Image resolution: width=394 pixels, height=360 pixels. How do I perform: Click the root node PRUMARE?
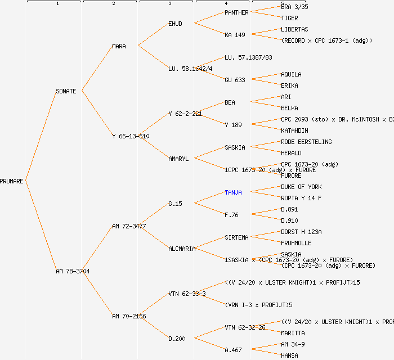pos(12,181)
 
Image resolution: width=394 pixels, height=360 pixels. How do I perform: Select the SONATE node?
pos(66,91)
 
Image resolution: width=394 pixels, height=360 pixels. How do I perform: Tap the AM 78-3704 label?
pos(73,271)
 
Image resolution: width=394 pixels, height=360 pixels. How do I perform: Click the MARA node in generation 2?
pos(119,46)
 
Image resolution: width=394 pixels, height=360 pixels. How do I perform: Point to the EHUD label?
pos(175,24)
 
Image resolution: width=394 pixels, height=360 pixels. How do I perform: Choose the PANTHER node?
pos(236,12)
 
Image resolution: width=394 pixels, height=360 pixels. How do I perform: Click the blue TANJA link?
pos(233,192)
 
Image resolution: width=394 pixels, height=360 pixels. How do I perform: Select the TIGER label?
pos(289,18)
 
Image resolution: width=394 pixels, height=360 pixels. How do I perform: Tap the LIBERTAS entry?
pos(294,29)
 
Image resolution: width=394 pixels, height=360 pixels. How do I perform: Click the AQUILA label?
pos(291,74)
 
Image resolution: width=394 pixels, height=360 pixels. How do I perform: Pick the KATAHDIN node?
pos(294,130)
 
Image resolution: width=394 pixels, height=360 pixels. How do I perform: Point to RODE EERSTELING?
pos(306,142)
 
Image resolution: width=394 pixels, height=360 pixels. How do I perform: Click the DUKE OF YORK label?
pos(301,187)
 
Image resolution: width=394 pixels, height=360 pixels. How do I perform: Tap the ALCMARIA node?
pos(182,249)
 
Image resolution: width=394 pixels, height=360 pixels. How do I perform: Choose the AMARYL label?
pos(178,159)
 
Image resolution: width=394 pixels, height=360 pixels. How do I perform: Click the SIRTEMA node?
pos(236,237)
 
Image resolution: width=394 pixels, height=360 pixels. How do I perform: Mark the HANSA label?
pos(289,355)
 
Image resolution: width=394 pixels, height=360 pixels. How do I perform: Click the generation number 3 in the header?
pos(169,4)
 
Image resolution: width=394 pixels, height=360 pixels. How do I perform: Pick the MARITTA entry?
pos(293,333)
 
